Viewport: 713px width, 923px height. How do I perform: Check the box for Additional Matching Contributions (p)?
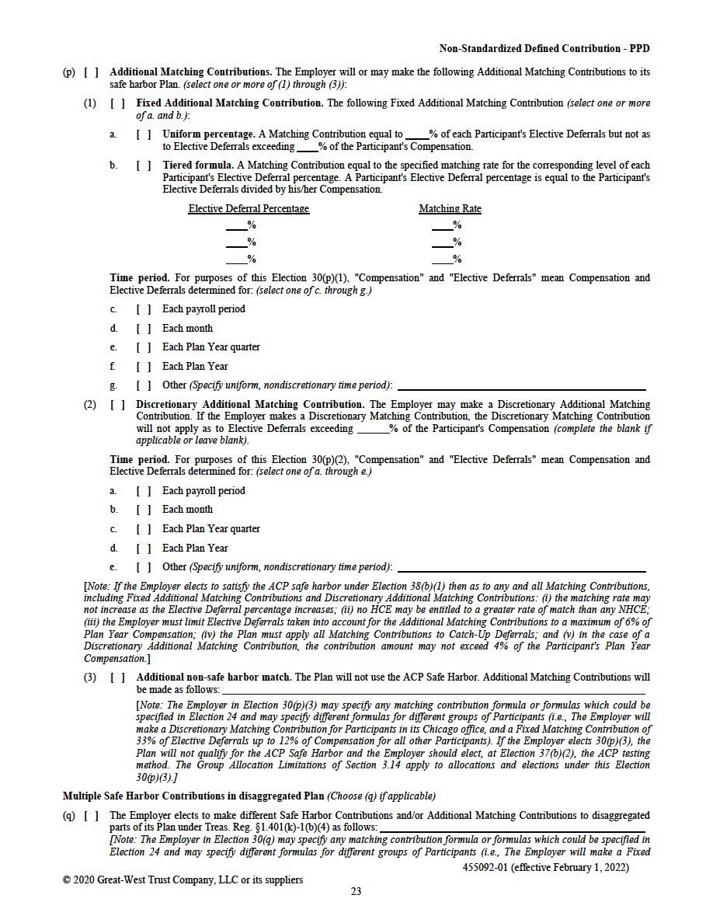pos(91,72)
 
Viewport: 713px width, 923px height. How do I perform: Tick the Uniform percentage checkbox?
pos(144,134)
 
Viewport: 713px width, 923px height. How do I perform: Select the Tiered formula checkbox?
pos(144,165)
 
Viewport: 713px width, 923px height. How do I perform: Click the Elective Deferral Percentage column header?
pos(249,209)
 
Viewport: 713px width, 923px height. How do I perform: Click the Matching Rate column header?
pos(450,209)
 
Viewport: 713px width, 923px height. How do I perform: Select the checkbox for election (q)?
pos(91,815)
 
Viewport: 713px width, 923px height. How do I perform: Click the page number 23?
pos(356,891)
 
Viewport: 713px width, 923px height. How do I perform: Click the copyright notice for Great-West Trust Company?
pos(183,879)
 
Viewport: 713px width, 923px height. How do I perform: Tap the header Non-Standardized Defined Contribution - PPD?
pos(544,49)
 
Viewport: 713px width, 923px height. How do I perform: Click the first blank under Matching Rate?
pos(442,225)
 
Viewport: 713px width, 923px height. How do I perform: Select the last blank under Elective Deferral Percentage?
pos(236,259)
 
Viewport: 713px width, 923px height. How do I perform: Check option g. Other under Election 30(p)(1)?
pos(144,385)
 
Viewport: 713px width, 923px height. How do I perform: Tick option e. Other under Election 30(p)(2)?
pos(144,567)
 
